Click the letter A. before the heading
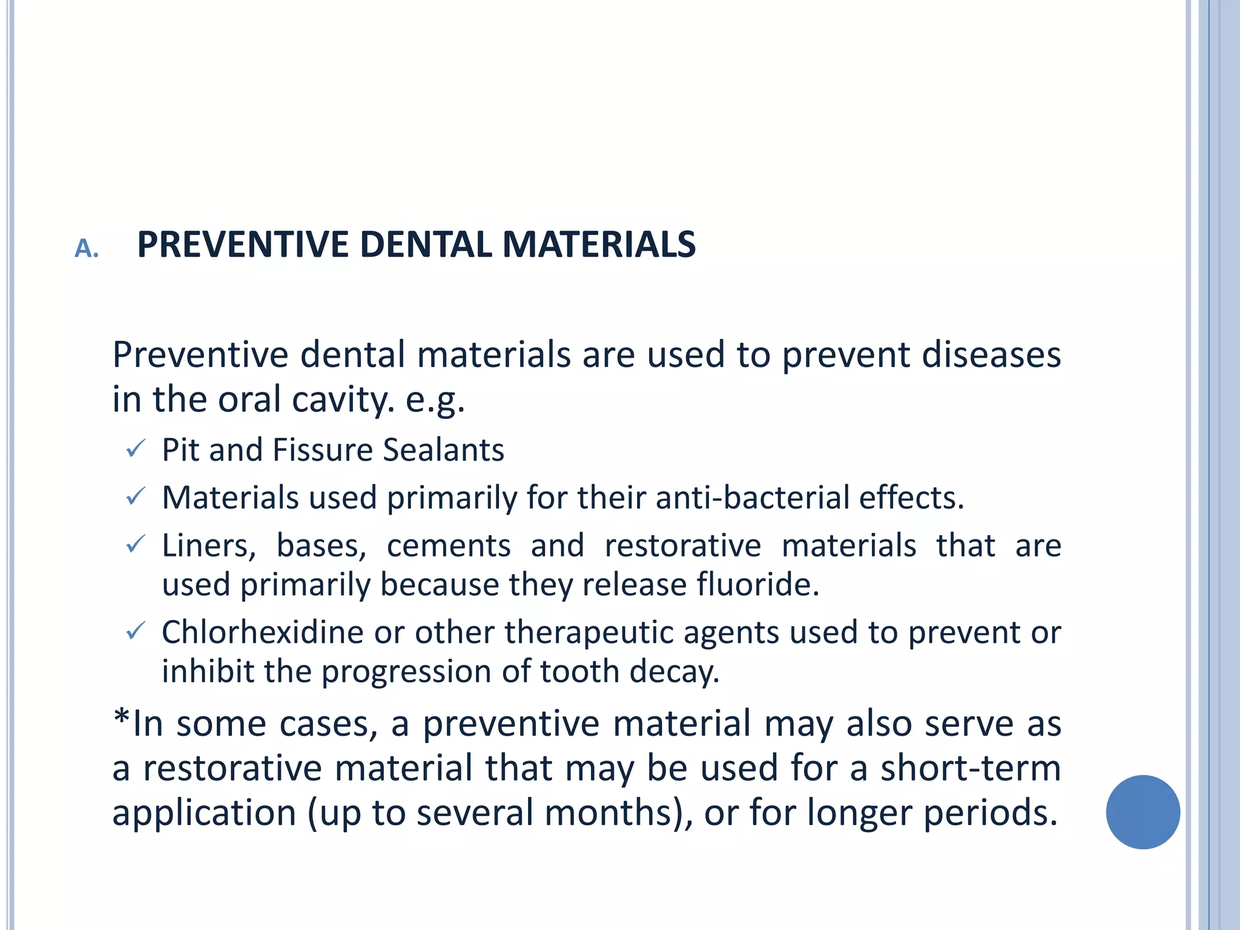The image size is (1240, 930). [x=87, y=248]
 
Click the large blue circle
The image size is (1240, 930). [x=1143, y=812]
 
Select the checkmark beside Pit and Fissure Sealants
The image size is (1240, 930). [x=135, y=449]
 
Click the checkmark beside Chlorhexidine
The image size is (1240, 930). [x=135, y=632]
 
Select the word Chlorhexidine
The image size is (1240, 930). [x=262, y=632]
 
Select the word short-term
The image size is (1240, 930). [x=970, y=768]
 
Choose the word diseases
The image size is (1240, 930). [x=991, y=354]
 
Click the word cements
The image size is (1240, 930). [x=449, y=546]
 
